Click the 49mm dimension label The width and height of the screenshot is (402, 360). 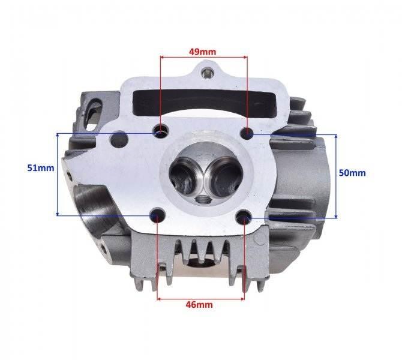[203, 52]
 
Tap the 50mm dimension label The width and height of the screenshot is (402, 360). [352, 173]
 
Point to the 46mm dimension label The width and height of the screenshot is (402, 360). [200, 304]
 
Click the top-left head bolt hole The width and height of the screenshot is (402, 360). [160, 131]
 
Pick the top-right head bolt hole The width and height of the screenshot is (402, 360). [246, 132]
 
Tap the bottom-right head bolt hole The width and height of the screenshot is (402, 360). [245, 217]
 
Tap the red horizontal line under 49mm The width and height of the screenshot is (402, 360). [203, 58]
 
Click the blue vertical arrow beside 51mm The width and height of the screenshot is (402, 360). [56, 174]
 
